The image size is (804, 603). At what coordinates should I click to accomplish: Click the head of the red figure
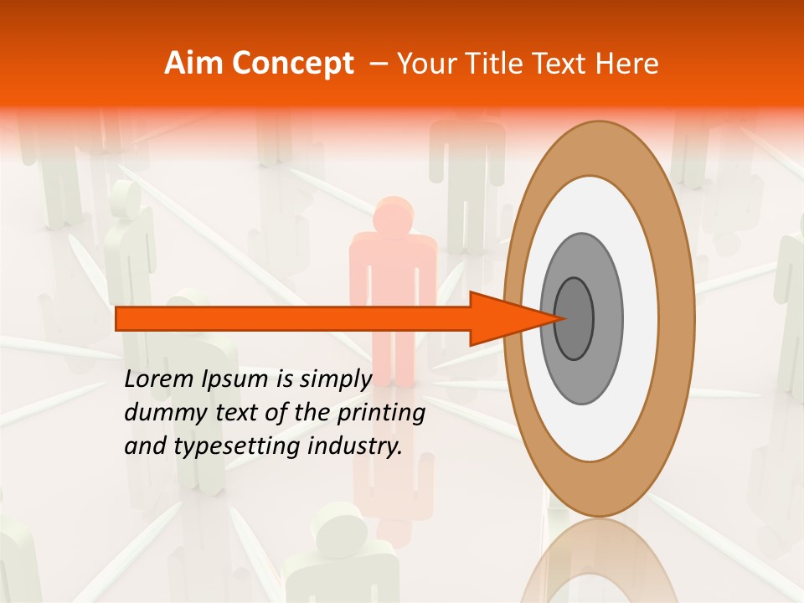pos(392,216)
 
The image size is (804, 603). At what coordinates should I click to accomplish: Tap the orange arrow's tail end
pos(120,318)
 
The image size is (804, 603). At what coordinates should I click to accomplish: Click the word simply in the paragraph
pos(333,379)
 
